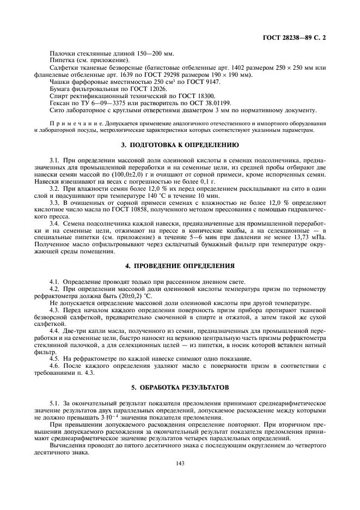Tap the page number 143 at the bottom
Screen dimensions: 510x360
[x=180, y=463]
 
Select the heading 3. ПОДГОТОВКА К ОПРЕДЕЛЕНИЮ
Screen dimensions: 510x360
[x=180, y=145]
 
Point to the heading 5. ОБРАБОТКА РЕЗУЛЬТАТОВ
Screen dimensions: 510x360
[x=180, y=387]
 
